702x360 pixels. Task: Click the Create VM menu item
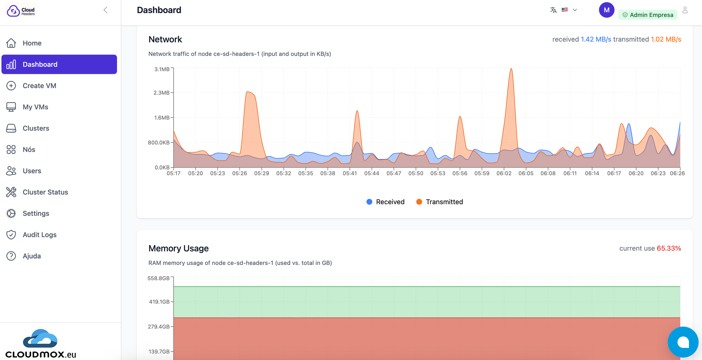pos(39,86)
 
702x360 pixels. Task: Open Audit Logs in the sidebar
pos(39,235)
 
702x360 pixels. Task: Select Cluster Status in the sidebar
pos(45,192)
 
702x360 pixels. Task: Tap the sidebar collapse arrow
pos(105,10)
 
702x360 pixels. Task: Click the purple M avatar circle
pos(606,10)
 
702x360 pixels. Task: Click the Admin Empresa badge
pos(648,15)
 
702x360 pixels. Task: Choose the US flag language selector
pos(565,10)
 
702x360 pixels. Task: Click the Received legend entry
pos(385,202)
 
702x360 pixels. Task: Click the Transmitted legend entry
pos(439,202)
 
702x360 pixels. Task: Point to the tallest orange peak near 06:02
pos(511,70)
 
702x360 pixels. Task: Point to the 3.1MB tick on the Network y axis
pos(162,69)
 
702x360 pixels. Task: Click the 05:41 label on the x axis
pos(350,173)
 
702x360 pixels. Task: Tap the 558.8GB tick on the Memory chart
pos(158,278)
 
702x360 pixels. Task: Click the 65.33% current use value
pos(669,248)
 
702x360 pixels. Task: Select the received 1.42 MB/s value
pos(596,40)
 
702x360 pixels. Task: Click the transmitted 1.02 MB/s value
pos(665,40)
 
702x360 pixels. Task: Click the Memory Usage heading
pos(178,248)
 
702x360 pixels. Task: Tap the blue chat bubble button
pos(683,342)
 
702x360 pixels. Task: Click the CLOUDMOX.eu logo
pos(41,344)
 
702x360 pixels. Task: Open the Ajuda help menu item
pos(31,256)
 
